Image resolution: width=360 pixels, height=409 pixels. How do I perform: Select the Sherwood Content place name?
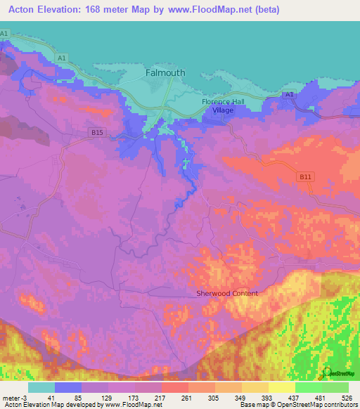tap(226, 293)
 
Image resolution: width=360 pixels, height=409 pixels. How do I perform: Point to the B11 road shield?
tap(304, 176)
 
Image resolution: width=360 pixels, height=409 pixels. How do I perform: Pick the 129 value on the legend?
tap(108, 398)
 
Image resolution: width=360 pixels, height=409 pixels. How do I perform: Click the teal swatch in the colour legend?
tap(41, 387)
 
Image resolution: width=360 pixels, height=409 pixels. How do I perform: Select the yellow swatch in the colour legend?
tap(281, 387)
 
